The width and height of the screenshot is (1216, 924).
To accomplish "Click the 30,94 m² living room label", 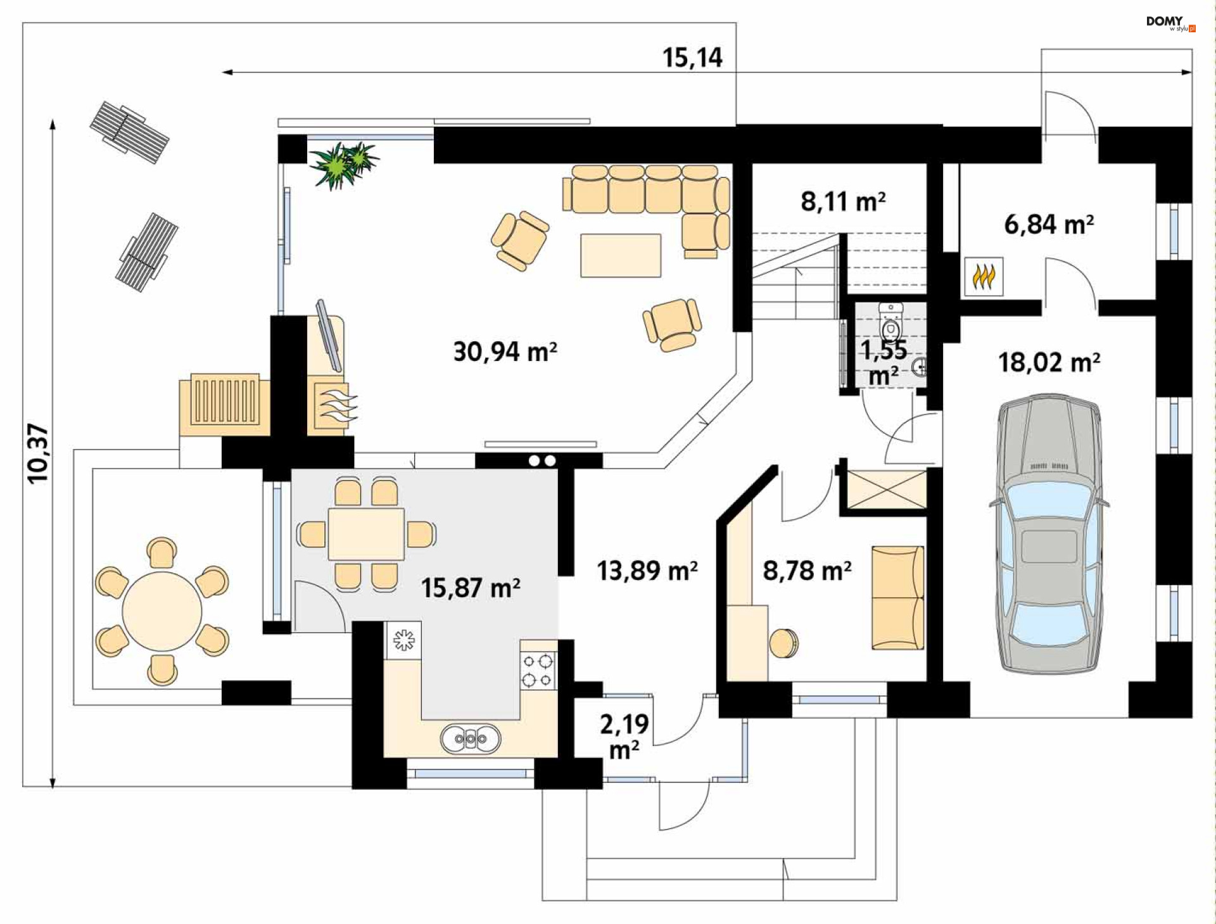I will pos(505,351).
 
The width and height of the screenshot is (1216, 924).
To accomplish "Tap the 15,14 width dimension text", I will pos(692,58).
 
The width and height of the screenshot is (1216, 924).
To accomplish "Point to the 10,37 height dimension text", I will pos(38,453).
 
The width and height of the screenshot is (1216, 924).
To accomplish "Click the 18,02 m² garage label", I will pos(1049,363).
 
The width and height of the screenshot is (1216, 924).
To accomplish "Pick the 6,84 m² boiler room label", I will pos(1049,224).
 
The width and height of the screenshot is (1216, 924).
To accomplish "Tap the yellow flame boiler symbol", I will pos(984,276).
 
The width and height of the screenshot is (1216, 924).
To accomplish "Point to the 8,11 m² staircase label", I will pos(842,201).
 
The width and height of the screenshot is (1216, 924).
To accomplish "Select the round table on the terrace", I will pos(161,611).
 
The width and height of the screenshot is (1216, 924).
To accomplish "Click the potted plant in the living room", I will pos(343,163).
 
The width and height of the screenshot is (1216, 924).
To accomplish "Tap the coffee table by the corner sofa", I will pos(621,255).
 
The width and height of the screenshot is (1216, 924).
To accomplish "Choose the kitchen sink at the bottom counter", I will pos(470,738).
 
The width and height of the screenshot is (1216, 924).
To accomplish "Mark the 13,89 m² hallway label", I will pos(647,571).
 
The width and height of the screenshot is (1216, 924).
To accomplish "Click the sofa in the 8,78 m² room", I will pos(897,598).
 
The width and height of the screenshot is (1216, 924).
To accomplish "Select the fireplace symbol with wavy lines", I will pos(333,405).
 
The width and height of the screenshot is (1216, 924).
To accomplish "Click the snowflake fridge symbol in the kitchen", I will pos(403,640).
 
